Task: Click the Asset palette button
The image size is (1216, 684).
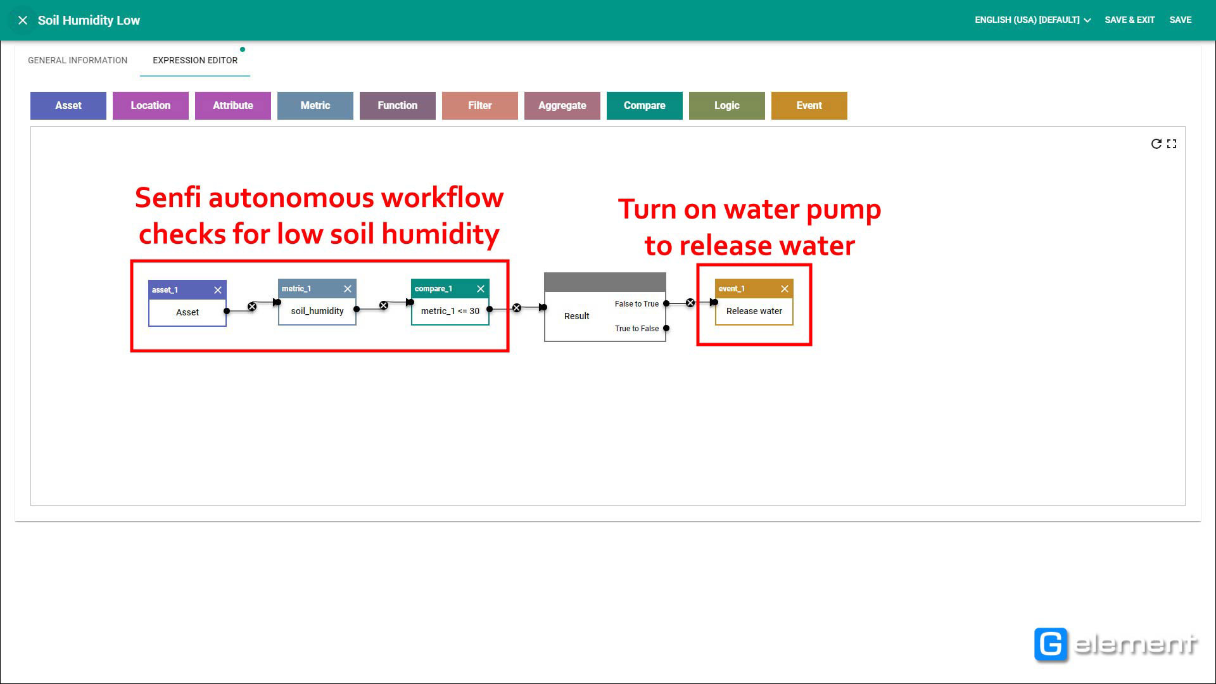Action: tap(68, 106)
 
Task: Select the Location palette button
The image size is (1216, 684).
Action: tap(151, 106)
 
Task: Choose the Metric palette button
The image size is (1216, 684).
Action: tap(315, 106)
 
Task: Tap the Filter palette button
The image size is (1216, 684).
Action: tap(480, 106)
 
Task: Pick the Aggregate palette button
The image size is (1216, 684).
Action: tap(562, 106)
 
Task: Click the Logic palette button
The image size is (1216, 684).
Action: tap(727, 106)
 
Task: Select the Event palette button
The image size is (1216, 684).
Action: tap(809, 106)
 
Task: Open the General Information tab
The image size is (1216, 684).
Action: tap(77, 60)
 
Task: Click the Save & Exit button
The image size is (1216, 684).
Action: tap(1130, 20)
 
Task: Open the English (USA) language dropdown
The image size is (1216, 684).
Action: tap(1033, 20)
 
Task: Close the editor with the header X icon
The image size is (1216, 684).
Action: tap(23, 20)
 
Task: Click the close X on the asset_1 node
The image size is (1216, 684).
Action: tap(218, 290)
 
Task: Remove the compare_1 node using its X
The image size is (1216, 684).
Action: tap(481, 289)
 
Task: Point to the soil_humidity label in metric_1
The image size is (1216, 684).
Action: tap(317, 311)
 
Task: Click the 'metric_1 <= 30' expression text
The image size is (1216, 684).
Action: tap(450, 311)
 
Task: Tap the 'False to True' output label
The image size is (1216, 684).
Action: tap(636, 304)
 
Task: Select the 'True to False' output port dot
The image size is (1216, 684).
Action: tap(666, 328)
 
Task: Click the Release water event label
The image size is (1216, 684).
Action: tap(754, 311)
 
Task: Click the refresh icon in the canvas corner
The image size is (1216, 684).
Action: tap(1156, 144)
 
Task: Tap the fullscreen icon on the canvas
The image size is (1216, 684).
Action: tap(1172, 144)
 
